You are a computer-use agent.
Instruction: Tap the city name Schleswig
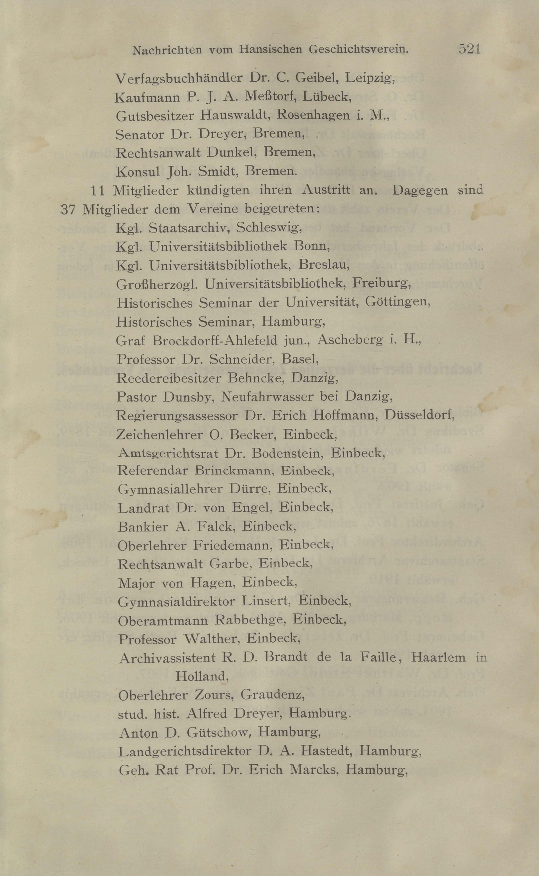point(269,227)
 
